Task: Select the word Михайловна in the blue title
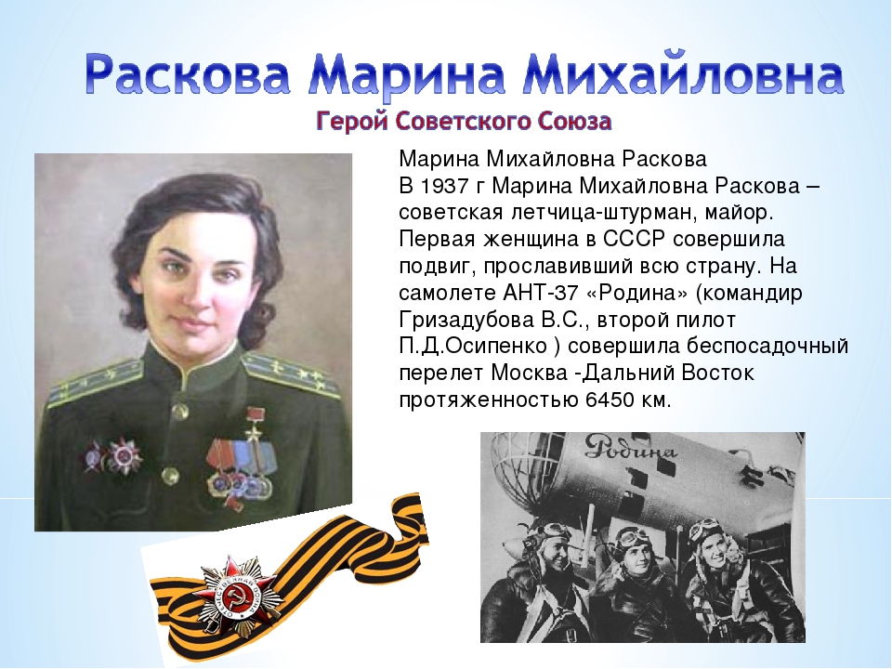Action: click(682, 74)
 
